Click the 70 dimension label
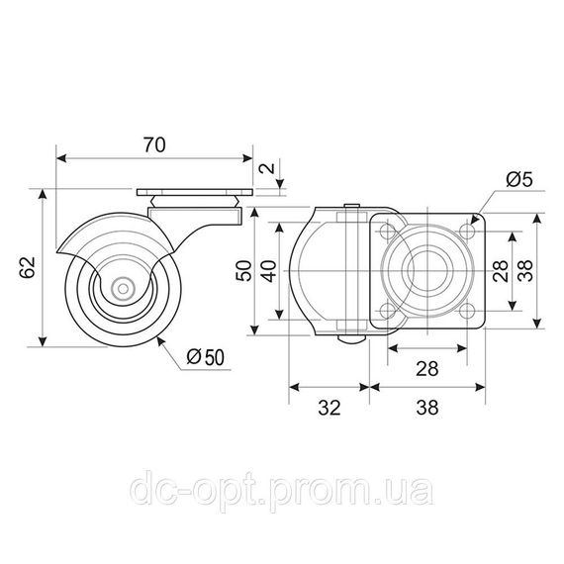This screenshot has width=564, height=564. click(154, 144)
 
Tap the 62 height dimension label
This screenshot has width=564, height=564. click(28, 267)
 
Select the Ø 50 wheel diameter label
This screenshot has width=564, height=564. click(206, 357)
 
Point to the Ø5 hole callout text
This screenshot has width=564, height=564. click(519, 179)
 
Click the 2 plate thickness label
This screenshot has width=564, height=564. click(268, 168)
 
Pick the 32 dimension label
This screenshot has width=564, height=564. click(329, 408)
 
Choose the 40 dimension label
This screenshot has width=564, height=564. click(269, 271)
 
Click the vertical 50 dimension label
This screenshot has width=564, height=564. click(243, 271)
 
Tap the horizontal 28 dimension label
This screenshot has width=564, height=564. click(426, 369)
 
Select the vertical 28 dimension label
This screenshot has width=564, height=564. click(501, 271)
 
